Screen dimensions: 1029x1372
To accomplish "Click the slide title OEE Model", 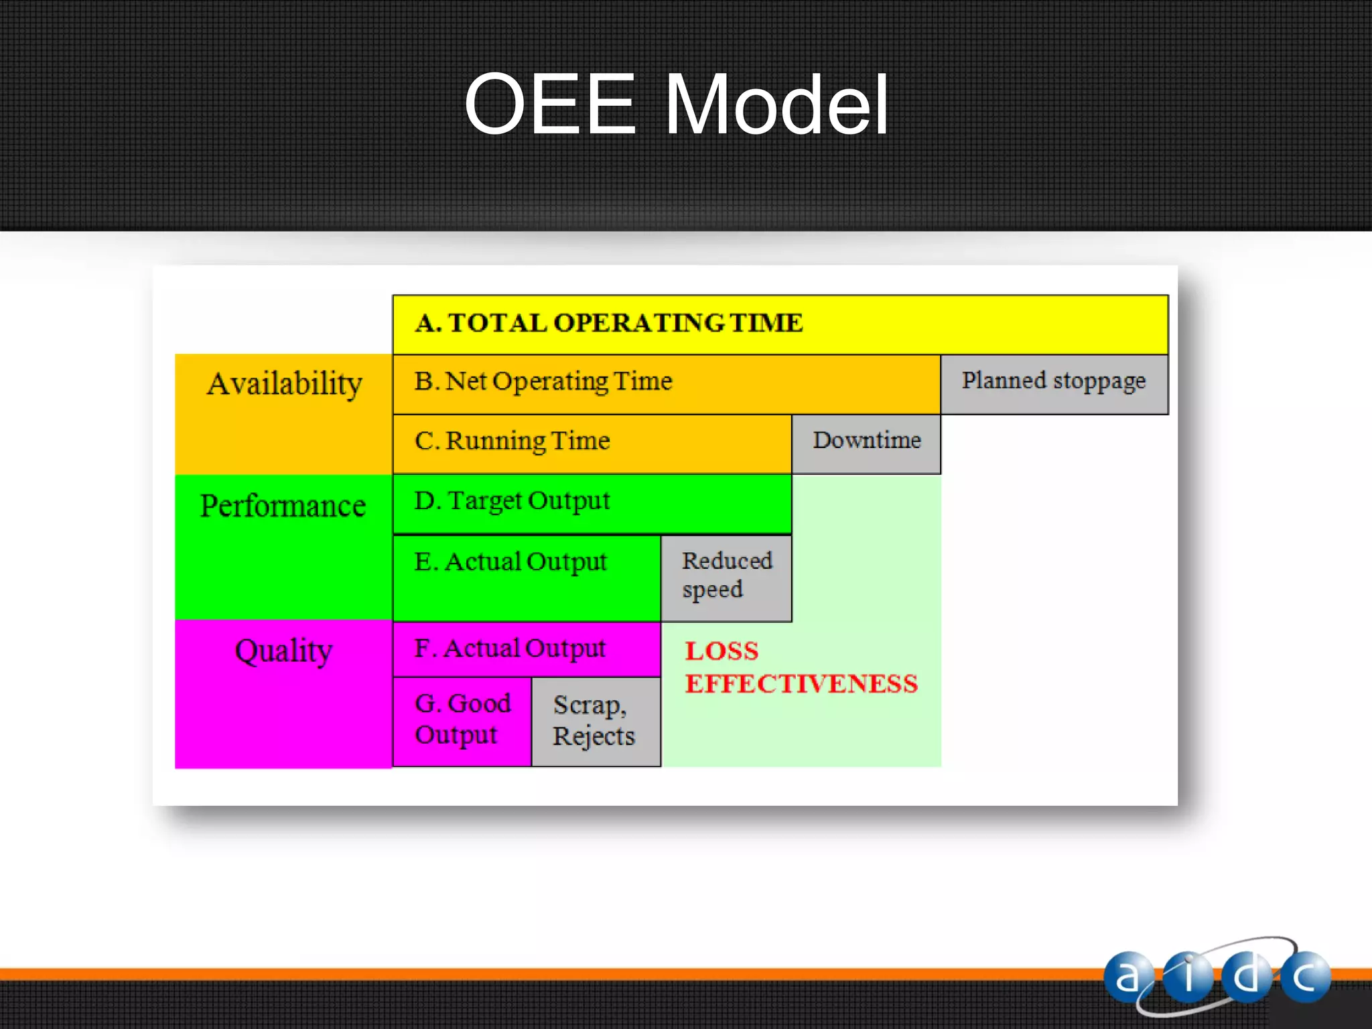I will coord(677,105).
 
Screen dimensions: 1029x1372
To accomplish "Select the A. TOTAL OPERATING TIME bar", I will coord(780,324).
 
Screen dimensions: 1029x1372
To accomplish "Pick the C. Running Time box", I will coord(592,443).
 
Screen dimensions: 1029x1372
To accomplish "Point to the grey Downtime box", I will coord(866,443).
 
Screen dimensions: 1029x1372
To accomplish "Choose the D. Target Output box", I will coord(592,502).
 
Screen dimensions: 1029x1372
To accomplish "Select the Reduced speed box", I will coord(726,577).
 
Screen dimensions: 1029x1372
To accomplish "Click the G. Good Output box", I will coord(462,720).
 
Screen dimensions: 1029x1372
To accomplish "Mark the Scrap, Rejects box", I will coord(596,721).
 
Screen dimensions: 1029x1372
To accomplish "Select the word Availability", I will coord(284,385).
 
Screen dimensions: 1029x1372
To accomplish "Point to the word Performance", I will coord(283,506).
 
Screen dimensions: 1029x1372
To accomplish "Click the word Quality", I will coord(283,651).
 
